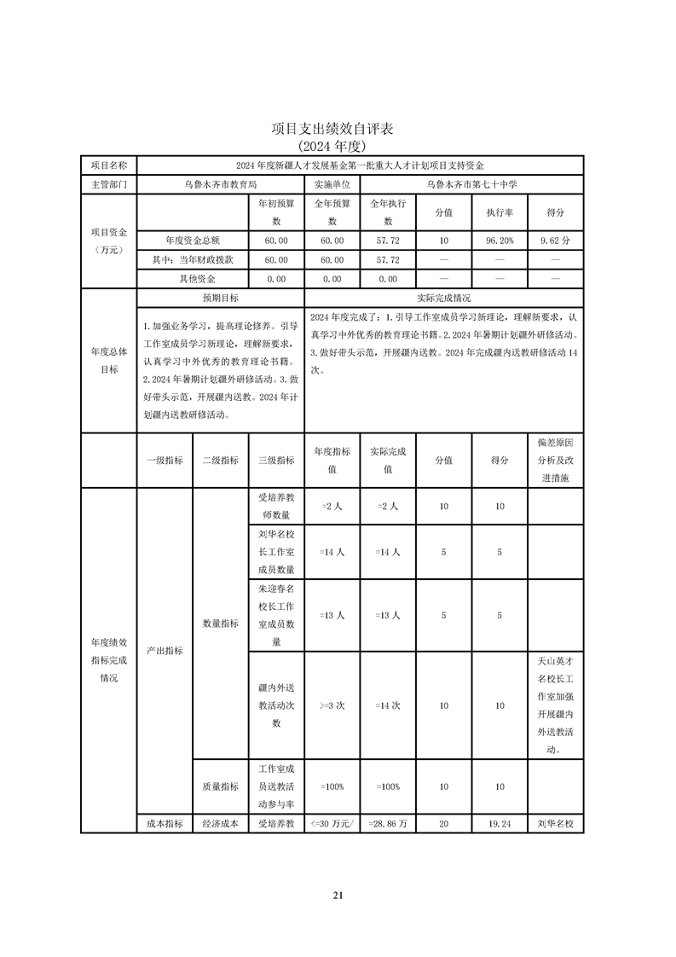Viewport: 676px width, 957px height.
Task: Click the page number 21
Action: pyautogui.click(x=338, y=895)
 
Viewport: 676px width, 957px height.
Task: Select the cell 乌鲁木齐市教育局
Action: pyautogui.click(x=221, y=183)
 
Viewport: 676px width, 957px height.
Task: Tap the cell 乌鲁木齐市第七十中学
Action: pyautogui.click(x=471, y=183)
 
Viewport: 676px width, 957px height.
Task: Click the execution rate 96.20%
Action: pyautogui.click(x=500, y=241)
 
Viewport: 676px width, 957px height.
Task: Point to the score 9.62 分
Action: pyautogui.click(x=555, y=241)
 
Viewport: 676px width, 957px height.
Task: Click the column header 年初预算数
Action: pyautogui.click(x=276, y=212)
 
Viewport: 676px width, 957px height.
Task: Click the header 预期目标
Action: pyautogui.click(x=220, y=299)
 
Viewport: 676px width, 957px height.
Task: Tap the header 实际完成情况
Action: pyautogui.click(x=443, y=299)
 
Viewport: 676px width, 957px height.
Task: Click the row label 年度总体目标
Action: pyautogui.click(x=109, y=360)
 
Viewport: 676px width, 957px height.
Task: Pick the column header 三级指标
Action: pyautogui.click(x=276, y=460)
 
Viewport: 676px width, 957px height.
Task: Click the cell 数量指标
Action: pyautogui.click(x=220, y=623)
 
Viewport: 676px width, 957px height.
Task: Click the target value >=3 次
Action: pyautogui.click(x=332, y=706)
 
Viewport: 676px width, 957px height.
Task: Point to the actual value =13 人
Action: pyautogui.click(x=387, y=615)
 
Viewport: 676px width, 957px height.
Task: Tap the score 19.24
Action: pyautogui.click(x=500, y=825)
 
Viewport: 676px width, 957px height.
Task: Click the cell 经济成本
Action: pyautogui.click(x=220, y=825)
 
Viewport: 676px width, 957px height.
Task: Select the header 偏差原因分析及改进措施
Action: pyautogui.click(x=555, y=461)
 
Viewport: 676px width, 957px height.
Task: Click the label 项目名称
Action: pyautogui.click(x=109, y=165)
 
